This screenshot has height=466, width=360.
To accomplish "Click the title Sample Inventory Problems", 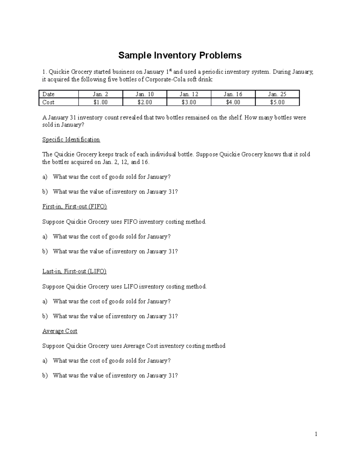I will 180,56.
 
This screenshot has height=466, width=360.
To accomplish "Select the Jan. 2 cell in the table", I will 100,94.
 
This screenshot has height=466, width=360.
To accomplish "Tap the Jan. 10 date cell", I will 145,94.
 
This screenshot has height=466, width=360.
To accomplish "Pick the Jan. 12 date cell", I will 189,94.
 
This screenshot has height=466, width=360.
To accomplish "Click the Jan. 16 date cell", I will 233,94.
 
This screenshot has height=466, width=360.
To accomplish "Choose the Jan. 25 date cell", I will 277,94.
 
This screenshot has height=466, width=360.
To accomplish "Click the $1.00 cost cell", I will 100,102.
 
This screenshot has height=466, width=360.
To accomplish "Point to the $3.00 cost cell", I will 189,102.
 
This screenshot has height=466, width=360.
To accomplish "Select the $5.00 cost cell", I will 277,102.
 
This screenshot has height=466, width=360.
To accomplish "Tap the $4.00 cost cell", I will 233,102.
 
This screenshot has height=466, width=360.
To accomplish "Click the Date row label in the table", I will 49,94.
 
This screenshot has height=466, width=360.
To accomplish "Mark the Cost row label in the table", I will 48,102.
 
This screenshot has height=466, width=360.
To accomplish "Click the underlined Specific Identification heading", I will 71,140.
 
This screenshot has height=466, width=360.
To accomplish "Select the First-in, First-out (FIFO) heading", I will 74,206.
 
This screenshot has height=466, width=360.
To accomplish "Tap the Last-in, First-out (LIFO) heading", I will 74,271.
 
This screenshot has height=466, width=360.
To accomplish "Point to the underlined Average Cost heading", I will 60,331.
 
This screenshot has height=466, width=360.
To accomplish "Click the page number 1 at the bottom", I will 316,434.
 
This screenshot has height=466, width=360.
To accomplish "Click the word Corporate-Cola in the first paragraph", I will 163,80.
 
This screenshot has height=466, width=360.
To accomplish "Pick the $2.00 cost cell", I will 145,102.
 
